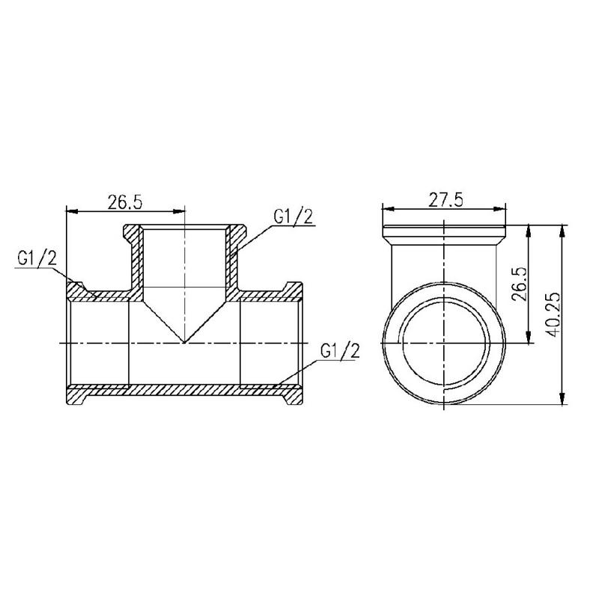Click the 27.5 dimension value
pyautogui.click(x=445, y=200)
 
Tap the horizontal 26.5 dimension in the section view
pyautogui.click(x=124, y=202)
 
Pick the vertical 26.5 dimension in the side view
pyautogui.click(x=520, y=285)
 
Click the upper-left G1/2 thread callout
pyautogui.click(x=37, y=258)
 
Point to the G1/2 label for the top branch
pyautogui.click(x=293, y=217)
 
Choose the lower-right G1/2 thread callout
pyautogui.click(x=340, y=350)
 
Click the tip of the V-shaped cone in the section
pyautogui.click(x=184, y=342)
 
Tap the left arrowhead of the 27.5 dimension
pyautogui.click(x=387, y=209)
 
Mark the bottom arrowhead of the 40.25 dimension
pyautogui.click(x=562, y=398)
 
